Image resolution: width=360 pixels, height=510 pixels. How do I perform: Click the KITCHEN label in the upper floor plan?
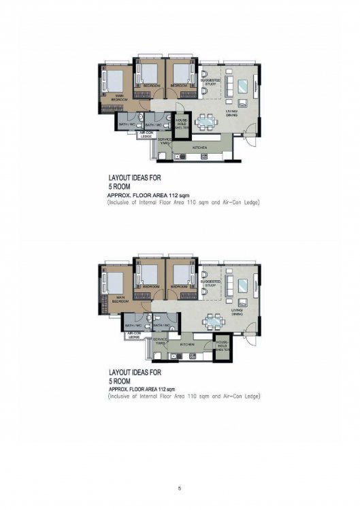[x=199, y=148]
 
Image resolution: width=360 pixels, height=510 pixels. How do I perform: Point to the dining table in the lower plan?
[x=215, y=320]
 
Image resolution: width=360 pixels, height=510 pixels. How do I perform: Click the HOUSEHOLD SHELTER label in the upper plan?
[x=182, y=123]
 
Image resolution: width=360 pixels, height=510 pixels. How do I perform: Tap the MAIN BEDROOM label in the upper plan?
[x=118, y=97]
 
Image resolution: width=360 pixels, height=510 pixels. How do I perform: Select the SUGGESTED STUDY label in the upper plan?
[x=211, y=82]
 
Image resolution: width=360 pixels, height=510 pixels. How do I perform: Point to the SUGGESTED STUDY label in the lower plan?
[x=211, y=282]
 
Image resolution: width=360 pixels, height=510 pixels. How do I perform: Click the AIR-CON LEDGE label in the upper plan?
[x=146, y=135]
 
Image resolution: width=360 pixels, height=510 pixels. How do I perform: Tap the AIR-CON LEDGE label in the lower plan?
[x=134, y=335]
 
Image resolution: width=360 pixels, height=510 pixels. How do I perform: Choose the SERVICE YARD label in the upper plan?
[x=165, y=141]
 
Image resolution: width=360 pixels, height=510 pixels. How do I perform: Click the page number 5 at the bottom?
[x=180, y=488]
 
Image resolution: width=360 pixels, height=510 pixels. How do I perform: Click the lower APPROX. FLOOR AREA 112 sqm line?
[x=142, y=389]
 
